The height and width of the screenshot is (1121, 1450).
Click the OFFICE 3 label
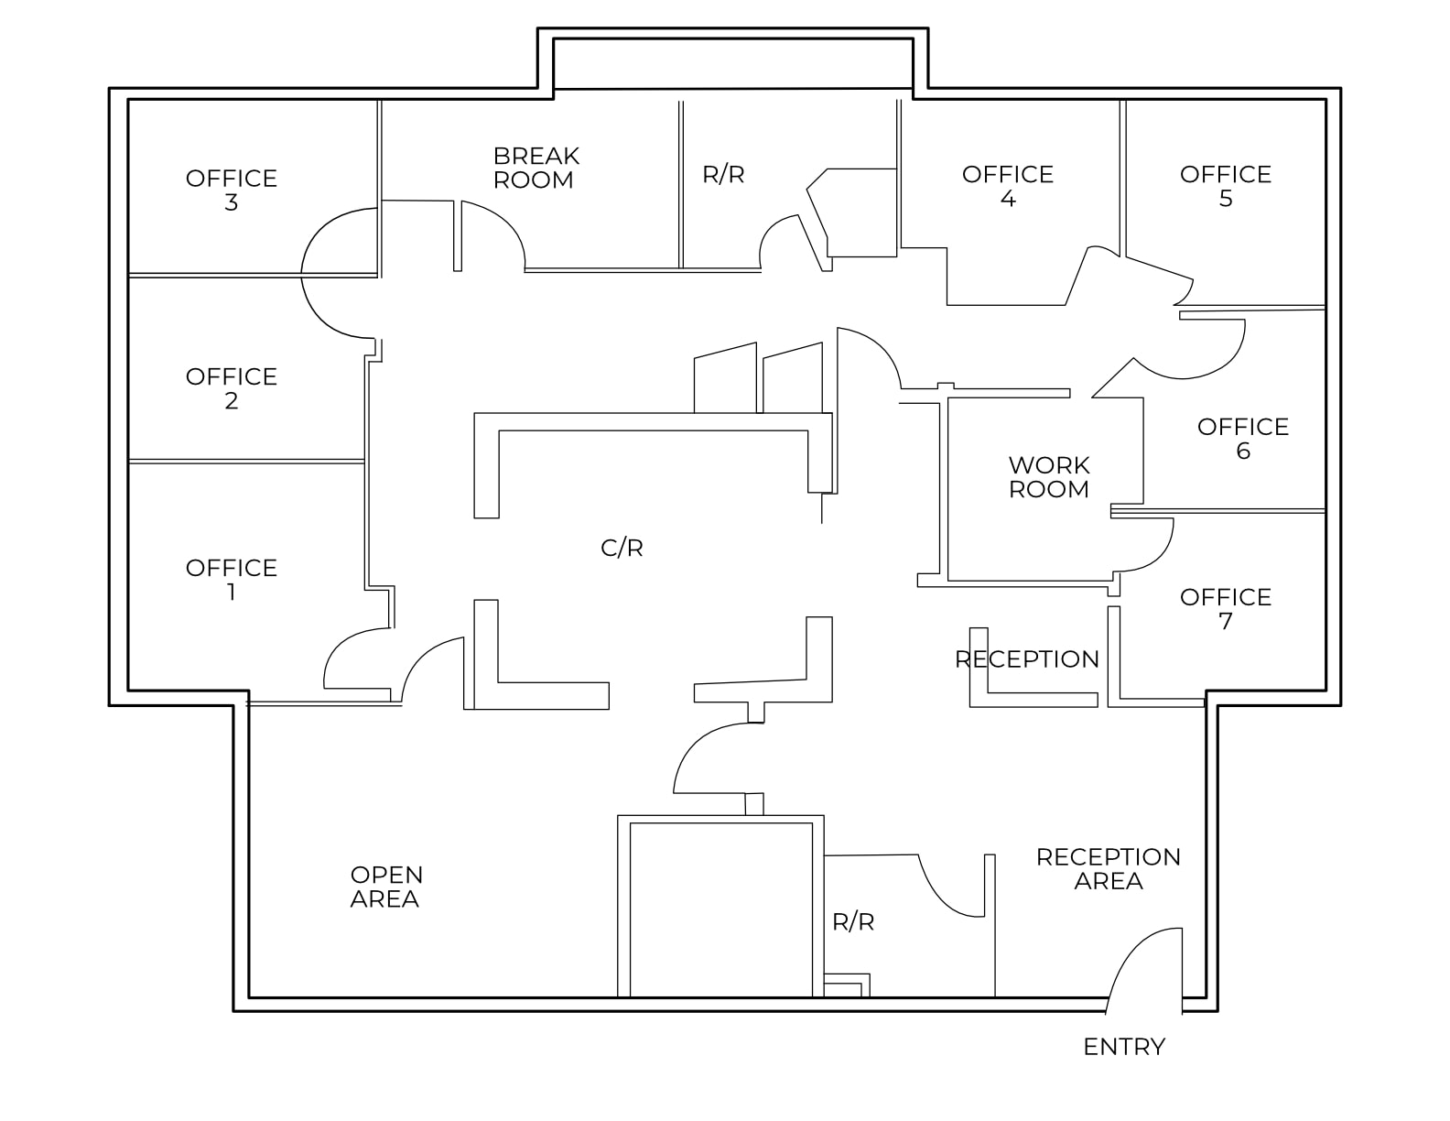pyautogui.click(x=231, y=190)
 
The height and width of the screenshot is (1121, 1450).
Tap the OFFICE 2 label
pyautogui.click(x=231, y=388)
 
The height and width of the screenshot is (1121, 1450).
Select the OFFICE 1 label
pyautogui.click(x=231, y=580)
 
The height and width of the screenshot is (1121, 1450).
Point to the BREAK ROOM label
pyautogui.click(x=536, y=168)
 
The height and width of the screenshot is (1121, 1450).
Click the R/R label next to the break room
pyautogui.click(x=723, y=174)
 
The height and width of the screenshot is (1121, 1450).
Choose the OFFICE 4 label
pyautogui.click(x=1007, y=186)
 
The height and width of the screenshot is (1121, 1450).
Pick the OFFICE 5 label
pyautogui.click(x=1225, y=186)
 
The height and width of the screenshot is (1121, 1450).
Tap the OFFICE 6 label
pyautogui.click(x=1242, y=438)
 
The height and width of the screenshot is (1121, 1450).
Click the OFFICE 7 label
pyautogui.click(x=1225, y=608)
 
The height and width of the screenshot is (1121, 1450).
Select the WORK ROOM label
pyautogui.click(x=1049, y=476)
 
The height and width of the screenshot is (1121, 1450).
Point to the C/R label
pyautogui.click(x=622, y=548)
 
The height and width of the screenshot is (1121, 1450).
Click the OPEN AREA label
pyautogui.click(x=385, y=887)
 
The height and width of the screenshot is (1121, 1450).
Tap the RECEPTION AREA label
pyautogui.click(x=1108, y=868)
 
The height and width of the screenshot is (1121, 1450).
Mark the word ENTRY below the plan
pyautogui.click(x=1123, y=1046)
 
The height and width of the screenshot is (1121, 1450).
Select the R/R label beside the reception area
pyautogui.click(x=852, y=921)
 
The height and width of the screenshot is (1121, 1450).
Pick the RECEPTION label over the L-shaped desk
pyautogui.click(x=1026, y=658)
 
